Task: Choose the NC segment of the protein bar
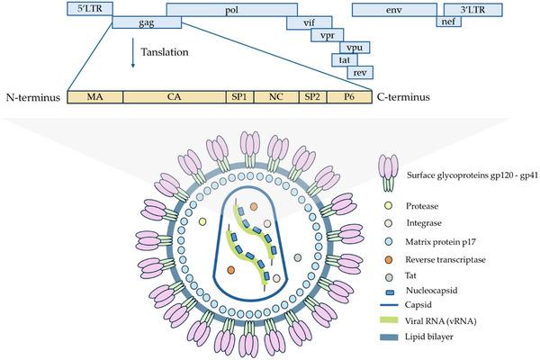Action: tap(276, 96)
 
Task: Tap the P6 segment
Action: tap(347, 96)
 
